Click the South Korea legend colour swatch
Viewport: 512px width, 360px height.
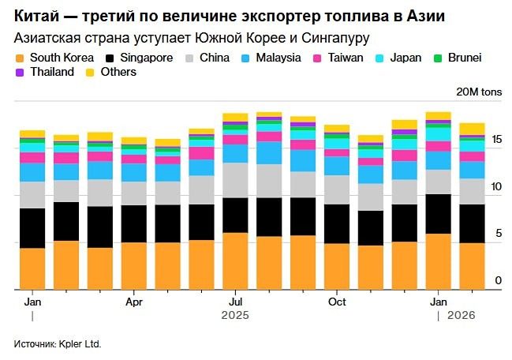(x=20, y=58)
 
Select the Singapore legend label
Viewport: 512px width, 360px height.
(x=146, y=58)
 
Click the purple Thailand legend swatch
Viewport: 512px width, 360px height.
(x=20, y=72)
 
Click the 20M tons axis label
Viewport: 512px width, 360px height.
(x=474, y=92)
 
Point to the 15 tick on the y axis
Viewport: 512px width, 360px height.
(x=497, y=140)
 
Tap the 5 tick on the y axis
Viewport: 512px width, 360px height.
(x=497, y=234)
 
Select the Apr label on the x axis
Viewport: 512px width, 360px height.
(x=134, y=302)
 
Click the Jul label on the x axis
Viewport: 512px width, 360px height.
(x=235, y=302)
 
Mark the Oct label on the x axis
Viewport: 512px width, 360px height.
(x=337, y=302)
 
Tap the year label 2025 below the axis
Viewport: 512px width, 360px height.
(x=235, y=316)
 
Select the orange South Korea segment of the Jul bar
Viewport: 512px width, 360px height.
(x=235, y=261)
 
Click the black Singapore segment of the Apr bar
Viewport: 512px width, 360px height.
(x=134, y=223)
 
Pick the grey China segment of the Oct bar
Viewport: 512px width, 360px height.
(x=337, y=189)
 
